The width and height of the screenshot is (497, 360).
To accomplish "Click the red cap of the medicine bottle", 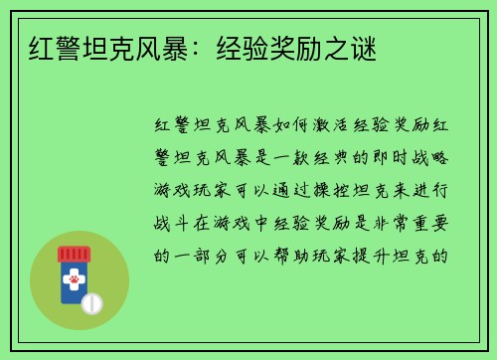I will [74, 255].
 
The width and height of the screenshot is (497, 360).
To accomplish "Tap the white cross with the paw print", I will [74, 282].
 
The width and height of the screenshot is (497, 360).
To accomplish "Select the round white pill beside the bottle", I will [91, 302].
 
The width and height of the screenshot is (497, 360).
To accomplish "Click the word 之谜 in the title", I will [354, 48].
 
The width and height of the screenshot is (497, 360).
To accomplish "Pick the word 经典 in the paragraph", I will [339, 158].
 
